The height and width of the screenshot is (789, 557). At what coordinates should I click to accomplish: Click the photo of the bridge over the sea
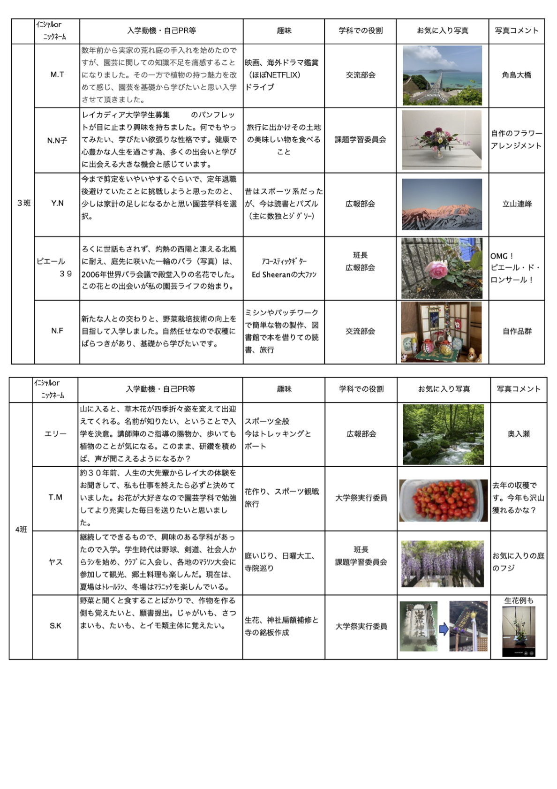click(442, 76)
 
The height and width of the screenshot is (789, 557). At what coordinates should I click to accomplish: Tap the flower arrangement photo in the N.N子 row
click(442, 140)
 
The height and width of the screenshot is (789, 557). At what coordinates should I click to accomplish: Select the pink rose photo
click(442, 268)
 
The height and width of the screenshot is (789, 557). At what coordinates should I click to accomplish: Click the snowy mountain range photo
click(442, 204)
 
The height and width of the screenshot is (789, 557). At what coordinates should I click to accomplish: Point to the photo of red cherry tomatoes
click(444, 500)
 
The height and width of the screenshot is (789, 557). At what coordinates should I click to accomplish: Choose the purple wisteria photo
click(443, 564)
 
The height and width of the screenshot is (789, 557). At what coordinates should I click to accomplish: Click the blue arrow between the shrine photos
click(444, 629)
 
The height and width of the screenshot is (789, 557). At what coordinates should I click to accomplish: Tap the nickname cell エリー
click(55, 434)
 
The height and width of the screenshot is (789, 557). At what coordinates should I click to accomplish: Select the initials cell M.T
click(57, 75)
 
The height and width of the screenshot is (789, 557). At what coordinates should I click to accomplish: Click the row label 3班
click(23, 203)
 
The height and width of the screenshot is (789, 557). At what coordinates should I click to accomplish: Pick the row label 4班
click(21, 530)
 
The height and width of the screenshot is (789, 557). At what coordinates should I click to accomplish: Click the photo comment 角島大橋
click(517, 75)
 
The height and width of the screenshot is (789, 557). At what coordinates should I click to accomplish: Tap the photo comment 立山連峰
click(517, 204)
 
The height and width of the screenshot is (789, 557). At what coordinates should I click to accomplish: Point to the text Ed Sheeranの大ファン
click(284, 274)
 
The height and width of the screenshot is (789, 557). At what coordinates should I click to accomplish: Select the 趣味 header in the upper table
click(284, 31)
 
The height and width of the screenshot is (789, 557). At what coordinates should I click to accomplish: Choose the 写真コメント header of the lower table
click(519, 389)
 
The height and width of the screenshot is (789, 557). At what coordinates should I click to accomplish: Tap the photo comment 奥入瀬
click(519, 434)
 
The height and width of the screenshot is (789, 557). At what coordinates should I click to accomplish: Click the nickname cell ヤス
click(55, 562)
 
